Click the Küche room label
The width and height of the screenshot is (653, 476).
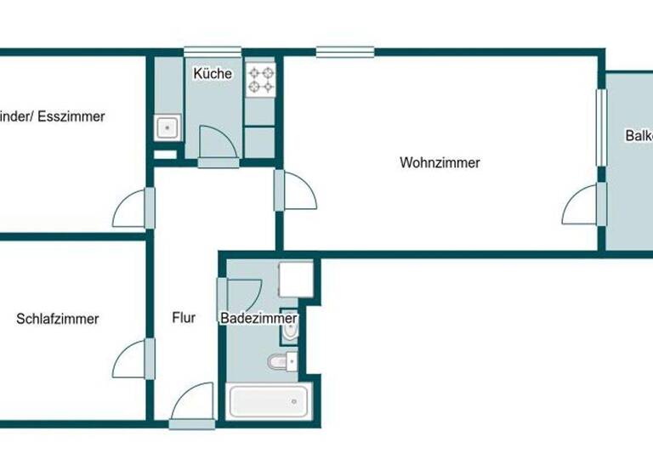point(212,74)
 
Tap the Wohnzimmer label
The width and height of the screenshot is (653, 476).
point(440,162)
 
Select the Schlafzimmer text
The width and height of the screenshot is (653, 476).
point(57,320)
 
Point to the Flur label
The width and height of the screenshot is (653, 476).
point(184,319)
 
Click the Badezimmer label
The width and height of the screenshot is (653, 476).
point(258,319)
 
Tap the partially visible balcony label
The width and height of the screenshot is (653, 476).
point(638,136)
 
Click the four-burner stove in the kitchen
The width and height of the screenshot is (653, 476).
point(260,79)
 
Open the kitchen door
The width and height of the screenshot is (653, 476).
point(217,142)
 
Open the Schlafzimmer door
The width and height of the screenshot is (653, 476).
point(133,358)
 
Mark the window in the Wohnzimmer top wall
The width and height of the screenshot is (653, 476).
point(345,52)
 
